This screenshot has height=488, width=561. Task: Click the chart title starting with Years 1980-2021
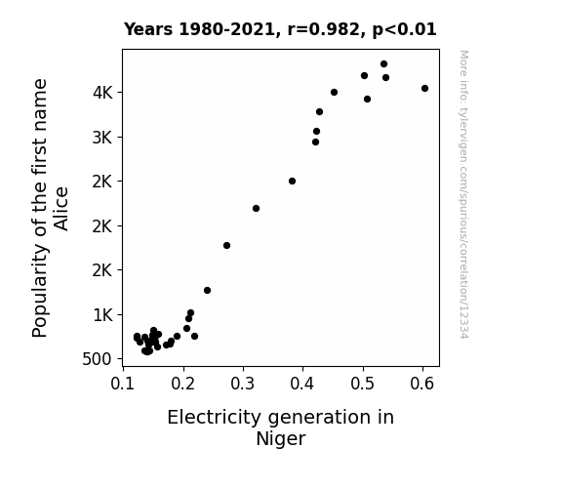pos(280,29)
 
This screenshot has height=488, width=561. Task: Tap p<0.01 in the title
pos(405,30)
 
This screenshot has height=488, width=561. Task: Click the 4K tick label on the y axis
pos(102,93)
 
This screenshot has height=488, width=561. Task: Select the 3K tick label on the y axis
pos(102,138)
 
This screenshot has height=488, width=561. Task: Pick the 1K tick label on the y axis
pos(102,315)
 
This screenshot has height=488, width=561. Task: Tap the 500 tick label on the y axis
pos(97,359)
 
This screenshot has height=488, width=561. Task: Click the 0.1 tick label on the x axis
pos(123,384)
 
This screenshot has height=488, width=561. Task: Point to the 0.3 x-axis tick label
pos(243,384)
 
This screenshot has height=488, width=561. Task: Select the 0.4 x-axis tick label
pos(302,384)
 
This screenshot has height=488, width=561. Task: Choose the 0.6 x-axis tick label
pos(422,384)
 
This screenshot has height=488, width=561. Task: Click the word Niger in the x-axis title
pos(281,439)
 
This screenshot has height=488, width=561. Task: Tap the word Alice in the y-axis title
pos(60,209)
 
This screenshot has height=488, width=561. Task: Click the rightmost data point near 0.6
pos(424,89)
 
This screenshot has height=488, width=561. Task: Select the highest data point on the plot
pos(383,64)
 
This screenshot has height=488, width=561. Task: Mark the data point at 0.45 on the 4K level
pos(335,93)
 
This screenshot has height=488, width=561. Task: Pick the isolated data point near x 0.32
pos(256,208)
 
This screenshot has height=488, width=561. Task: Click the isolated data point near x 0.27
pos(226,246)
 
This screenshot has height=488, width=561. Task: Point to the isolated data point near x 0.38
pos(292,182)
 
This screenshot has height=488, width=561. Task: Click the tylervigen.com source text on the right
pos(463,194)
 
